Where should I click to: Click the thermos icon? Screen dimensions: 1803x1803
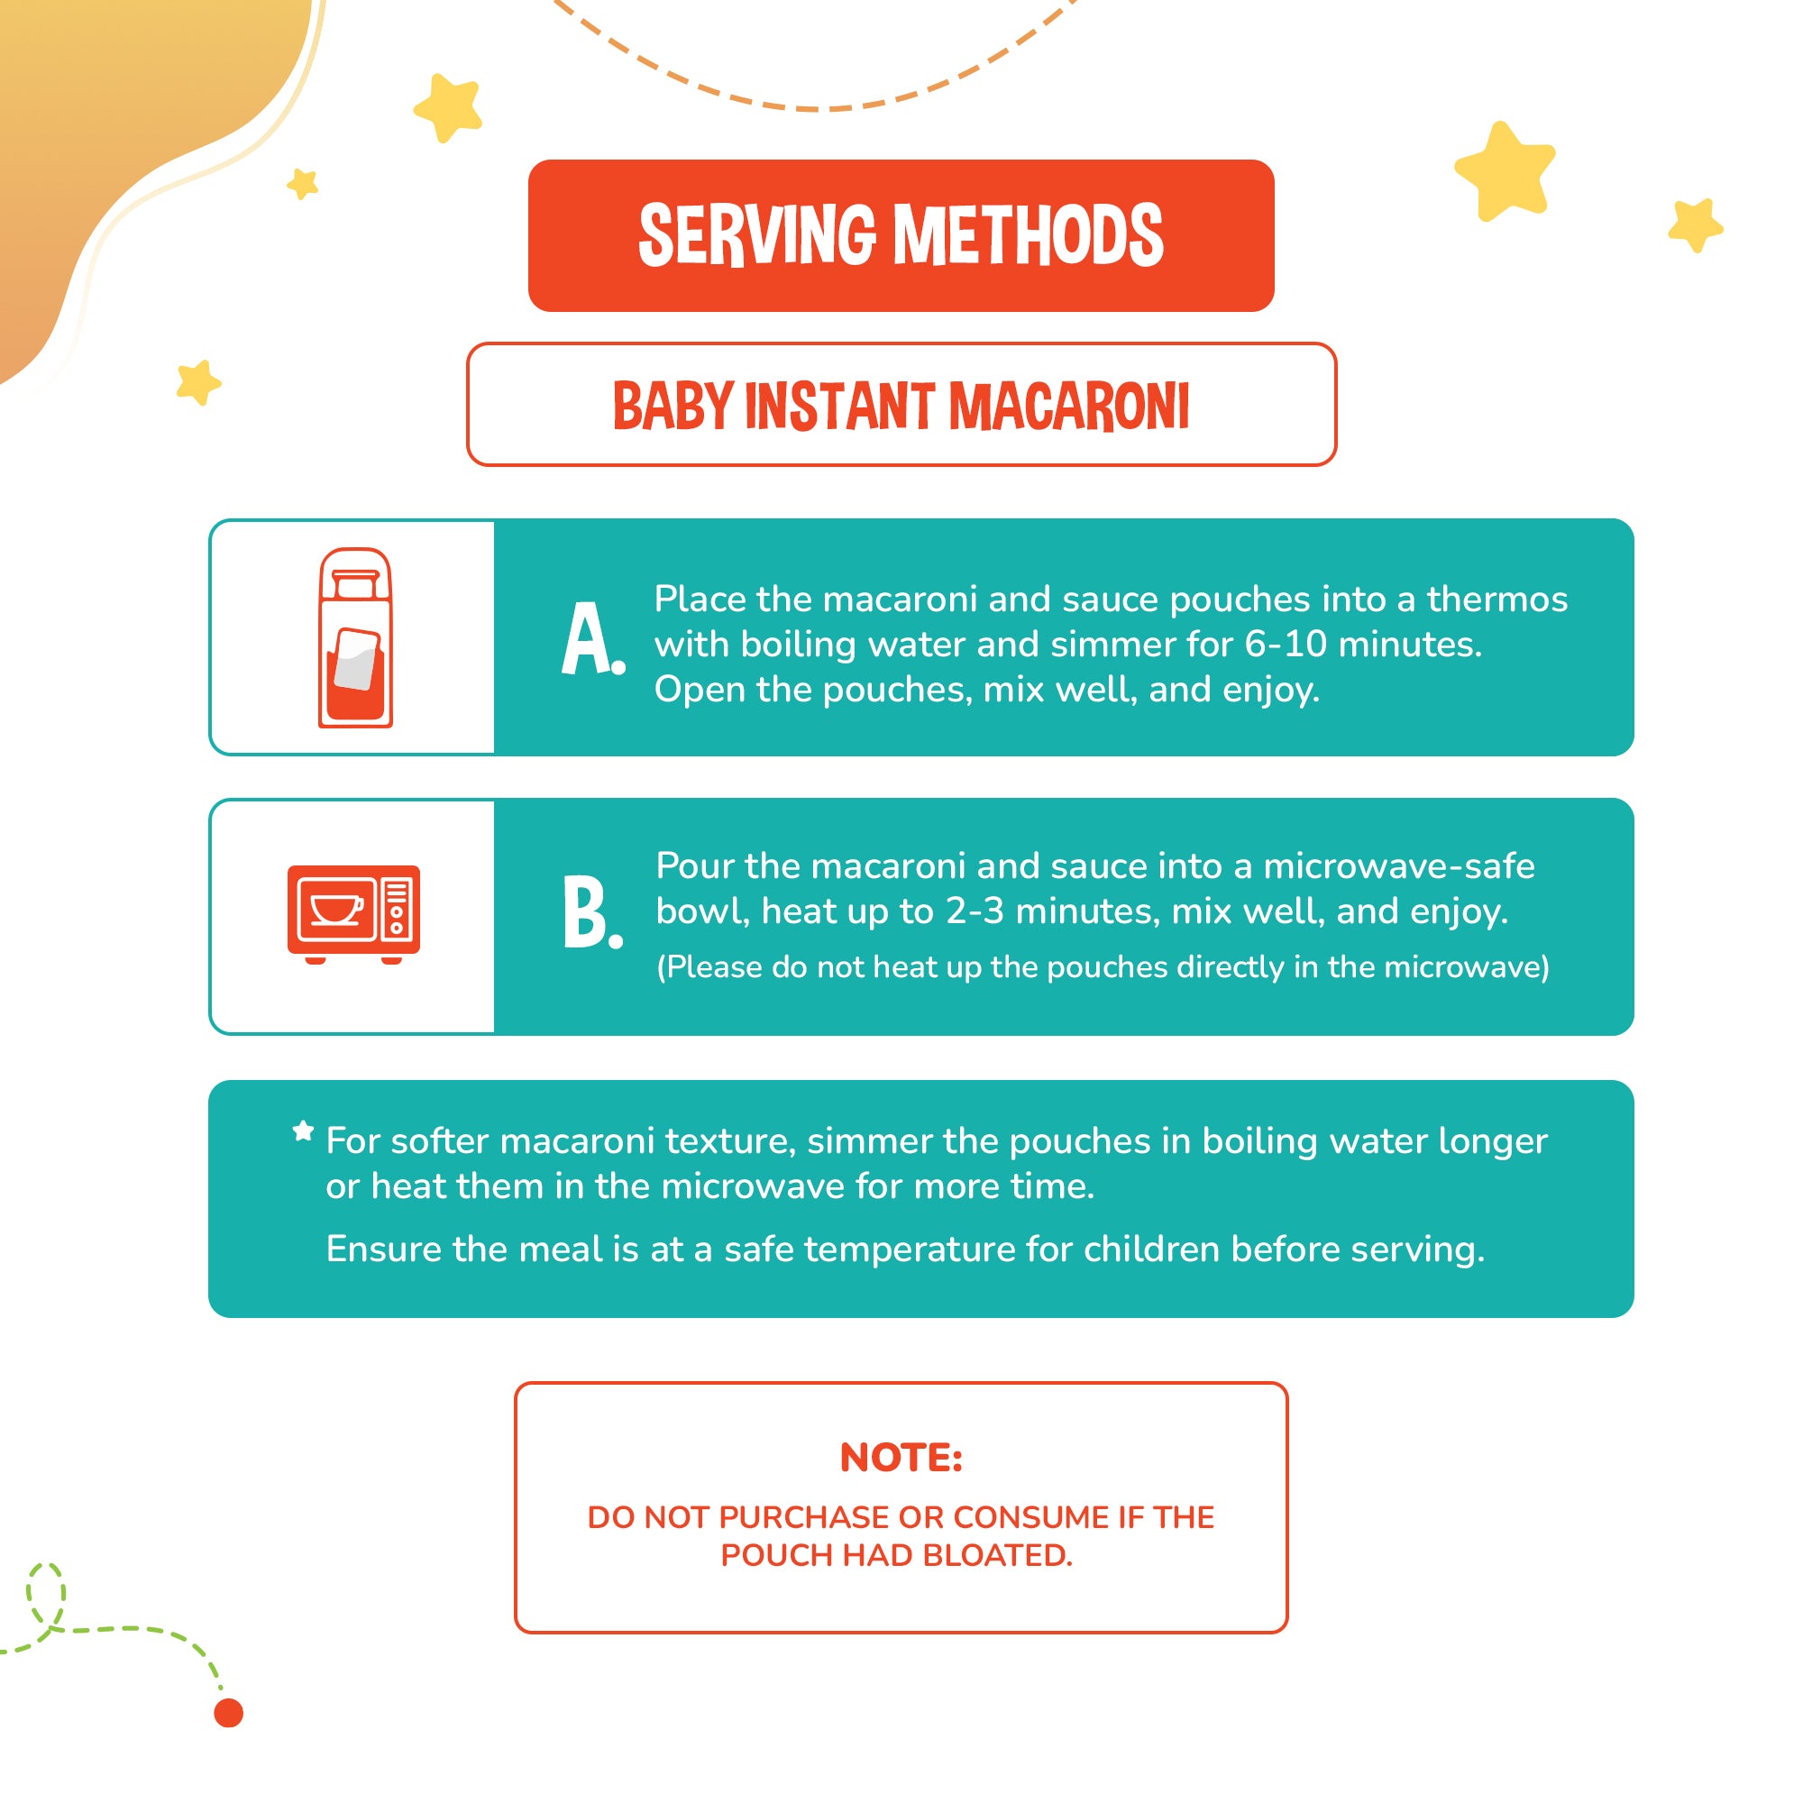pyautogui.click(x=355, y=637)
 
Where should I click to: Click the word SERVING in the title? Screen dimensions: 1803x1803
pyautogui.click(x=757, y=235)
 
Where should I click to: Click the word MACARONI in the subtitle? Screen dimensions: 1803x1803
pyautogui.click(x=1068, y=406)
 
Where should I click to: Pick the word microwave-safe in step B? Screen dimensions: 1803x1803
pyautogui.click(x=1399, y=866)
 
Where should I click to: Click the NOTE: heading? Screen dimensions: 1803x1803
pyautogui.click(x=901, y=1458)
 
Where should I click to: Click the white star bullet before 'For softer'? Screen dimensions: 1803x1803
pyautogui.click(x=303, y=1131)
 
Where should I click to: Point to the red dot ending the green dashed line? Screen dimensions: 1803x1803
pyautogui.click(x=229, y=1714)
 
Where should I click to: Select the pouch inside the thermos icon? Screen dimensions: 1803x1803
pyautogui.click(x=356, y=660)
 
